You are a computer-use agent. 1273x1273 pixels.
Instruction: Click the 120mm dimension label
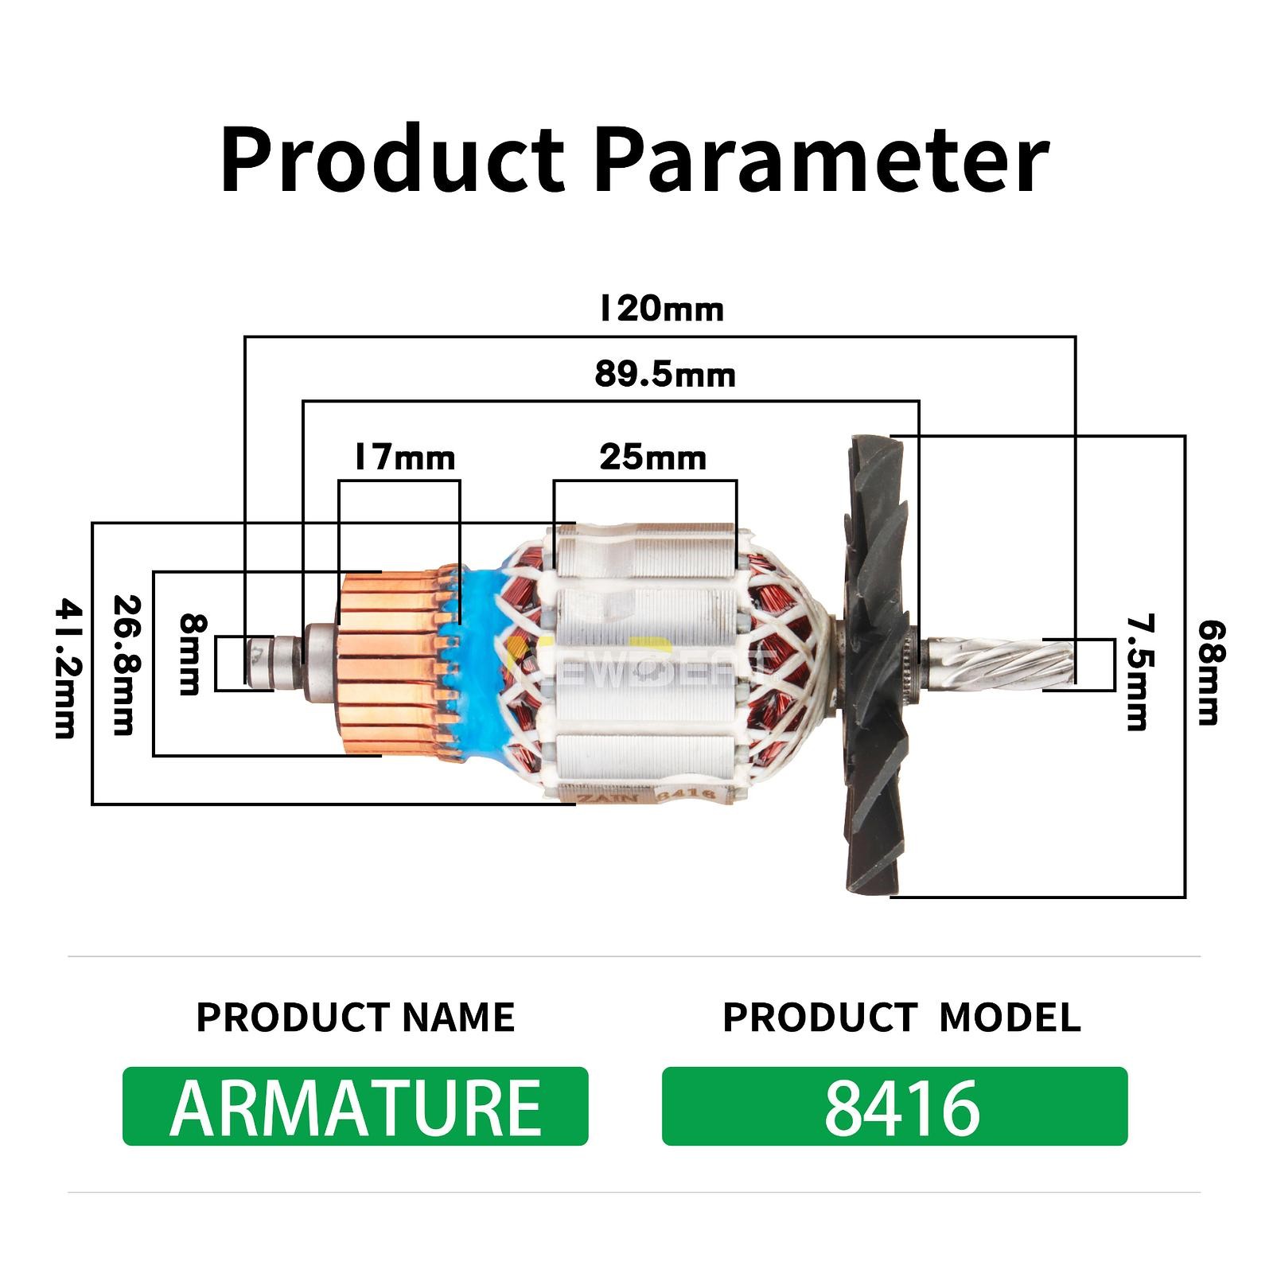click(x=661, y=309)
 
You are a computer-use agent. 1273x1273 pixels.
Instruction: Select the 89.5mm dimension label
click(x=665, y=374)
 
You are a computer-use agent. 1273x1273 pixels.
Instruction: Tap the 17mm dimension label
click(x=404, y=458)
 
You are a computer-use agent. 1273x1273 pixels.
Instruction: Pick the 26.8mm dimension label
click(x=122, y=665)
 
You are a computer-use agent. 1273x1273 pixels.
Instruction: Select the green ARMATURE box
click(x=355, y=1106)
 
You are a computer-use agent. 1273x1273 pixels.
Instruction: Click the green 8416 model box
click(x=894, y=1106)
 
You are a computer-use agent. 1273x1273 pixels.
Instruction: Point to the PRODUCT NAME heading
click(x=355, y=1017)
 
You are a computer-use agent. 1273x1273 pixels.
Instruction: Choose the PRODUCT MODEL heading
click(x=901, y=1017)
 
